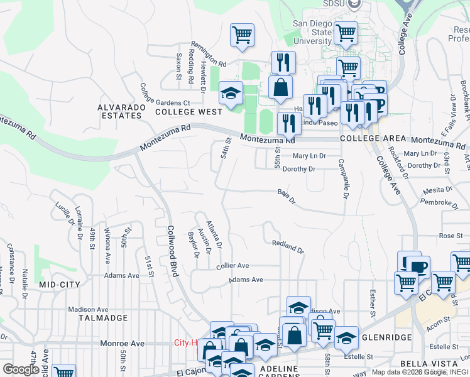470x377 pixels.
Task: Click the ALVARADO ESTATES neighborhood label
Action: [119, 111]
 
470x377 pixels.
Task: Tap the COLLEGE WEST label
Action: [189, 112]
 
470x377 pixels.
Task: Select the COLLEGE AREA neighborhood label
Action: [369, 138]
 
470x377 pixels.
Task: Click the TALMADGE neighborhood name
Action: [103, 318]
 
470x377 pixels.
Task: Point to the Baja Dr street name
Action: [286, 197]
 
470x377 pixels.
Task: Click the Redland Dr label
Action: [288, 246]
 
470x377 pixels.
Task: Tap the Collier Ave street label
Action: [232, 266]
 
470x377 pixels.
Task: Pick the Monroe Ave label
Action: [124, 344]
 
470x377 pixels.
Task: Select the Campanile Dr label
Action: [344, 178]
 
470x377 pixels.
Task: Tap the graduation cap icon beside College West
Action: [231, 93]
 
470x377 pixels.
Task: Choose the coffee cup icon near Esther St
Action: [418, 266]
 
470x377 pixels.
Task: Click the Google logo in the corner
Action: [21, 369]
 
